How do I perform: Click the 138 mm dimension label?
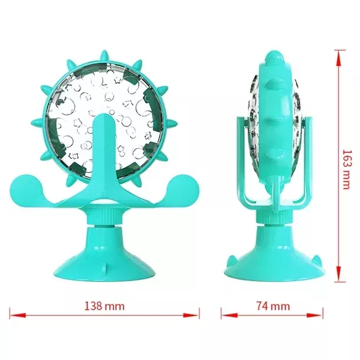(105, 306)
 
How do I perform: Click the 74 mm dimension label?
(273, 306)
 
